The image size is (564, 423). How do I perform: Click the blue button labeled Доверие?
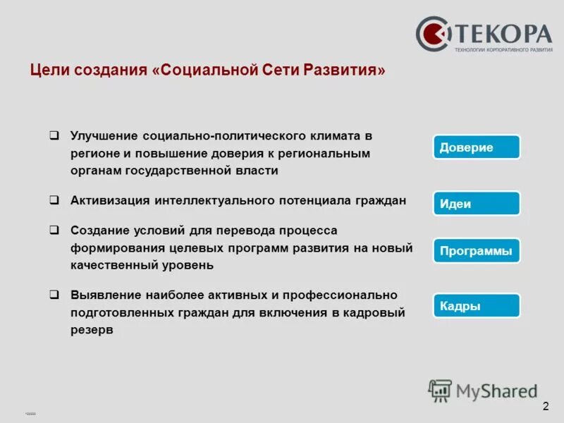476,147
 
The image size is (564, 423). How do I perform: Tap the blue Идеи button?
476,204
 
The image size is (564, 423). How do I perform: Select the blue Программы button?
476,251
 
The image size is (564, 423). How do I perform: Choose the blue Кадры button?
476,306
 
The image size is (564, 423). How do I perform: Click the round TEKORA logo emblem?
433,34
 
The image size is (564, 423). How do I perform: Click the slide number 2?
546,407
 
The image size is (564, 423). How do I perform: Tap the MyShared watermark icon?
441,390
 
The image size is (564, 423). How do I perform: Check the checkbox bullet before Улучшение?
54,134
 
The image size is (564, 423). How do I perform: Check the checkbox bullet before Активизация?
54,200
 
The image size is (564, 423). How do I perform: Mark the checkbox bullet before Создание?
54,230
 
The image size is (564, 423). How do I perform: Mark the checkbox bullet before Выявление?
54,294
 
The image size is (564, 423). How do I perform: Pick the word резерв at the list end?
91,330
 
